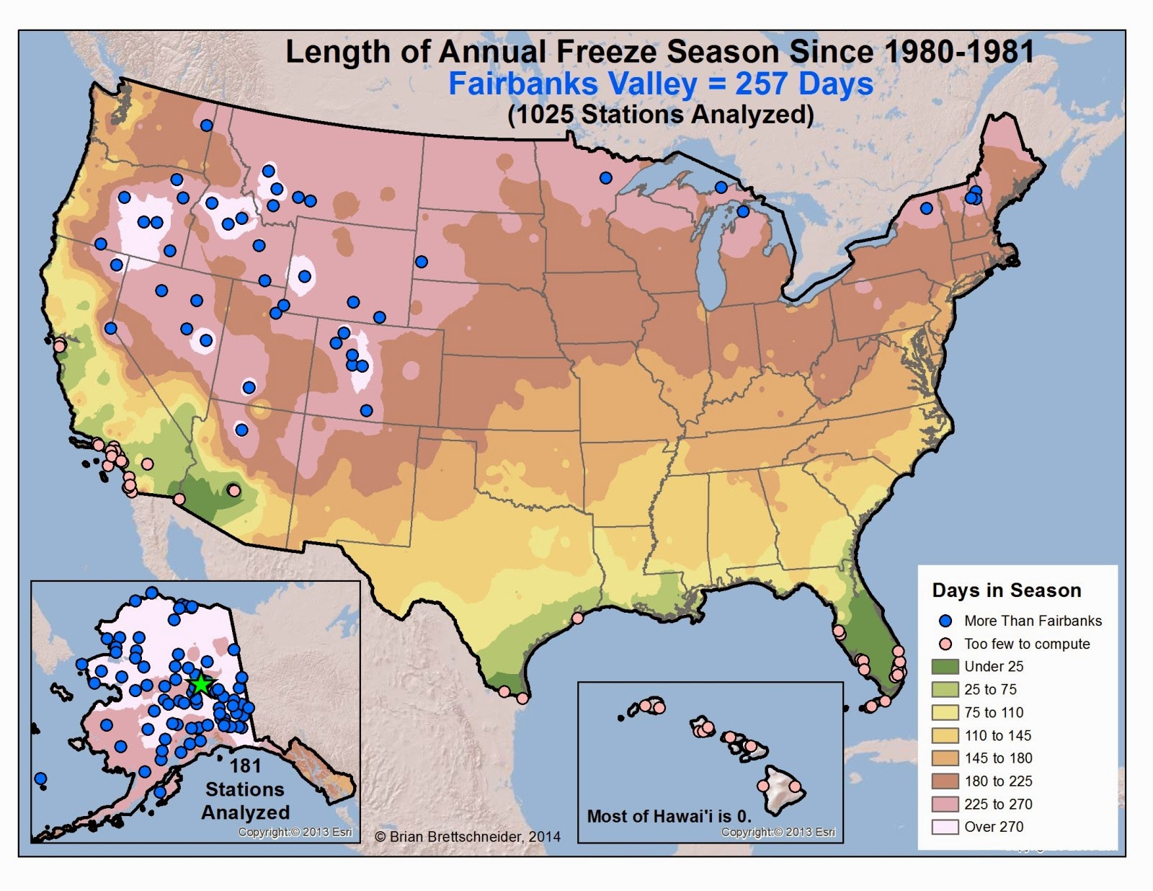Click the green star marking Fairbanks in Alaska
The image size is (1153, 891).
(x=200, y=685)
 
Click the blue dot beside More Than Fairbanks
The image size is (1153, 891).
(x=947, y=621)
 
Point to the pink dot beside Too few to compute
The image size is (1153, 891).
(x=947, y=644)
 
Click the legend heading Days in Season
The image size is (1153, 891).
(x=1006, y=590)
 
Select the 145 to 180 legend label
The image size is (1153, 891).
(x=998, y=758)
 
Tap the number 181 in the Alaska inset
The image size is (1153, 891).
(x=245, y=766)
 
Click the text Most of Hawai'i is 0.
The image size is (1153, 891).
(x=669, y=817)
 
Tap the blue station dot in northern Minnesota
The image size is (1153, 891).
(x=605, y=178)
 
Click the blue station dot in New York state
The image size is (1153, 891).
(x=927, y=209)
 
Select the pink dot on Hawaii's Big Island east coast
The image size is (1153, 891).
(x=796, y=786)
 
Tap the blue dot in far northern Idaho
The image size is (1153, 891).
(x=206, y=125)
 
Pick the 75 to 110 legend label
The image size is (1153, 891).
(x=994, y=712)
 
